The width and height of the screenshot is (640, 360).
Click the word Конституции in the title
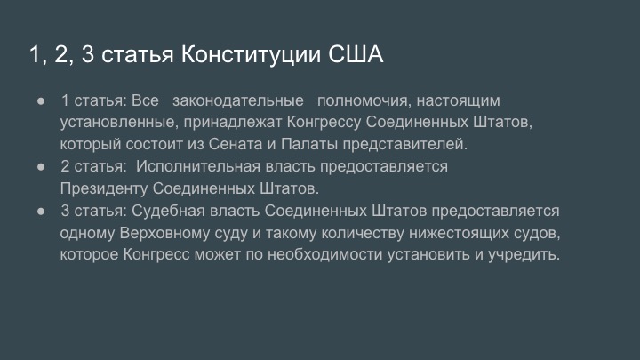[251, 55]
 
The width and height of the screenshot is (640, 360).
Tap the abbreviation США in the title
[356, 54]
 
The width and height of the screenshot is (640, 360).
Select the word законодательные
[238, 100]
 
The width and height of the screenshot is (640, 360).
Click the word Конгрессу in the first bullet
[324, 123]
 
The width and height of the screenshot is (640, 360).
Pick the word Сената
[236, 144]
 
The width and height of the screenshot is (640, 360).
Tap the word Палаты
[309, 144]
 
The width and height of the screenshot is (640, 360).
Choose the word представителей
[404, 144]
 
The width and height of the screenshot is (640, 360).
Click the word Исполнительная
[198, 166]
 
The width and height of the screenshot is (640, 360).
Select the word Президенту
[104, 188]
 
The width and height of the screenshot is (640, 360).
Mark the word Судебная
[168, 211]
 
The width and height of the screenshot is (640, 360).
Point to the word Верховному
[164, 233]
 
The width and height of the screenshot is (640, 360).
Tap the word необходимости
[325, 255]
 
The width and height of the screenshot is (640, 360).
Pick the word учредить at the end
[524, 255]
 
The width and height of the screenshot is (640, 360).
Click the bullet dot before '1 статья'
[41, 100]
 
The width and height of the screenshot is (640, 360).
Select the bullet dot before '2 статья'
[41, 166]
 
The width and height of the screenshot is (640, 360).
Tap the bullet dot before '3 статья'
[41, 211]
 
